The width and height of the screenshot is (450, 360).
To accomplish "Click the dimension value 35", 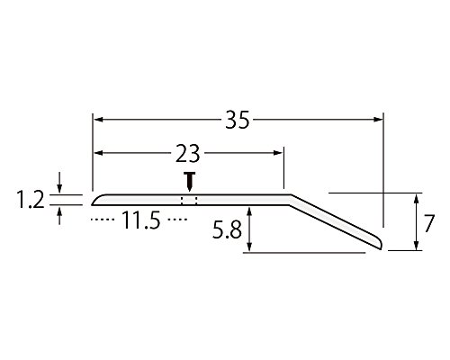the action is (238, 120).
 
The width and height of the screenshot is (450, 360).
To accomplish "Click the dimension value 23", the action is (188, 153).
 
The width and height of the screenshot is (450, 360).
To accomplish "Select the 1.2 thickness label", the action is (31, 201).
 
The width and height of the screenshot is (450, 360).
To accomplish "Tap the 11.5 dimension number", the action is (141, 220).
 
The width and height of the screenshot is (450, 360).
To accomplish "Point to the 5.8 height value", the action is (227, 230).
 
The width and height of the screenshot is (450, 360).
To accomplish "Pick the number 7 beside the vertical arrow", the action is (428, 223).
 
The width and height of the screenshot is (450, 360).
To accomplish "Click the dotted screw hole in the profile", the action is (189, 201).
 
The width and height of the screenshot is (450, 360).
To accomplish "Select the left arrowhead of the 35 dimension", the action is (99, 120).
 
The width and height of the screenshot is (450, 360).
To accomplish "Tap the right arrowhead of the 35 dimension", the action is (378, 120).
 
